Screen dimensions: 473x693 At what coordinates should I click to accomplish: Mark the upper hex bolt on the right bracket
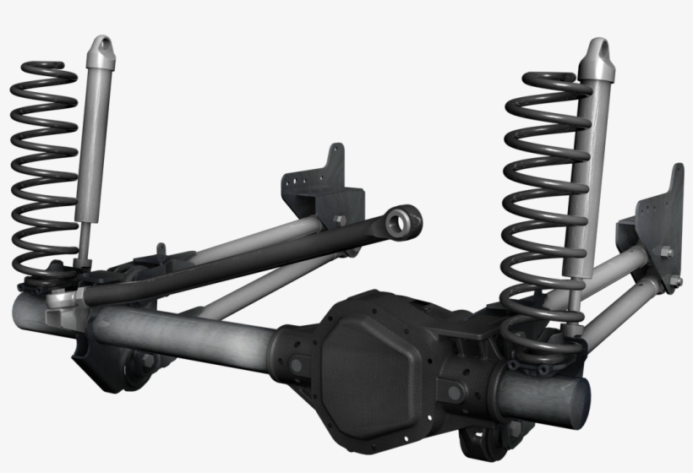coord(665,252)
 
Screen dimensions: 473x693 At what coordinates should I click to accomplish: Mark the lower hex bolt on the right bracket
coord(674,280)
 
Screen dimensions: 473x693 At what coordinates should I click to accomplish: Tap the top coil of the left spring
coord(42,68)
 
